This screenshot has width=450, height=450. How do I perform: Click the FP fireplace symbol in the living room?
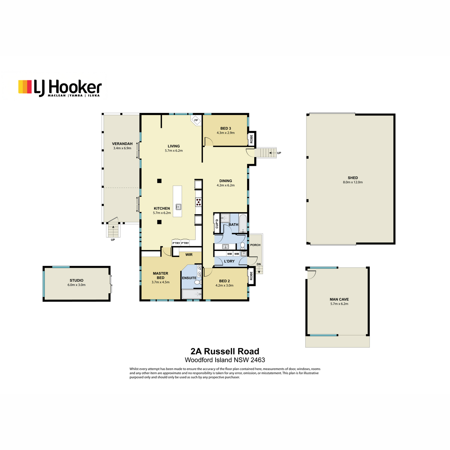pos(196,120)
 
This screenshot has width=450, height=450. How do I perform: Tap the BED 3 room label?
pos(226,129)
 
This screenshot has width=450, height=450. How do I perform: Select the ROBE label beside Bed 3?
pos(252,139)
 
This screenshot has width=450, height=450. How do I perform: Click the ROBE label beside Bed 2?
pos(251,276)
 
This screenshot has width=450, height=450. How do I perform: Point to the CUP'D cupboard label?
pos(217,224)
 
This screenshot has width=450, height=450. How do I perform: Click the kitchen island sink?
pos(178,207)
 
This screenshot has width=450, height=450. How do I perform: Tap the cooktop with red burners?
pos(198,202)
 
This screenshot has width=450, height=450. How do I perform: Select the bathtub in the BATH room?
pos(243,223)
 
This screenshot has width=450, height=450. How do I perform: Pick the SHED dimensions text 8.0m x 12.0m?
pos(352,182)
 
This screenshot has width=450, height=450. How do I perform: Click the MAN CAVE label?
pos(339,299)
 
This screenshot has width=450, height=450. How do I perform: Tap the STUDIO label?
pos(76,280)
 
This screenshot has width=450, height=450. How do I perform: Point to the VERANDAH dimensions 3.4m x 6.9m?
pos(122,148)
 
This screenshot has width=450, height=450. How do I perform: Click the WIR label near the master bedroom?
pos(189,255)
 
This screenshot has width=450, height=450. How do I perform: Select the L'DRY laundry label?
pos(229,261)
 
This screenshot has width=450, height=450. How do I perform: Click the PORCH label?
pos(255,245)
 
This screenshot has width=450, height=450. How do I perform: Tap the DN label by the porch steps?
pos(259,264)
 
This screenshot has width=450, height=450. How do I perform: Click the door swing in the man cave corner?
pos(312,274)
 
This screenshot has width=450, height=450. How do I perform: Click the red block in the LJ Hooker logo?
pos(29,87)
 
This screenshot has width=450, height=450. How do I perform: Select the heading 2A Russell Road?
pos(225,351)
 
